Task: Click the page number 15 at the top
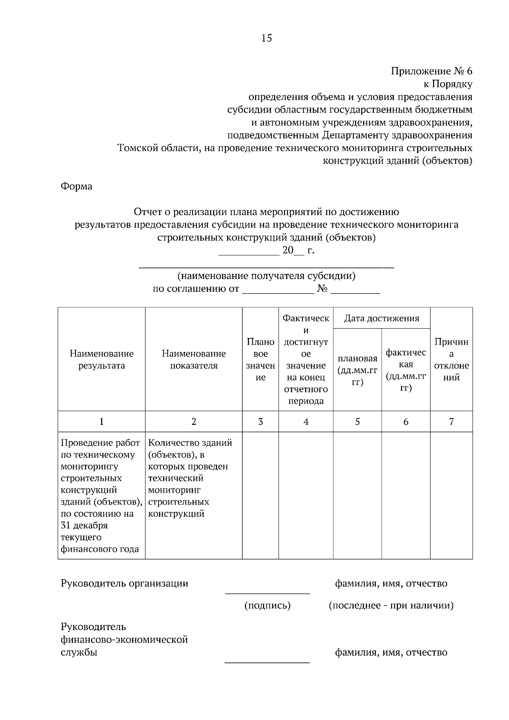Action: pyautogui.click(x=266, y=38)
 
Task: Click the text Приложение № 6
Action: pyautogui.click(x=431, y=71)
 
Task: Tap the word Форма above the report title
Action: pyautogui.click(x=76, y=186)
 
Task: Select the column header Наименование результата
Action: pyautogui.click(x=101, y=359)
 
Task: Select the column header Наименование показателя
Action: pyautogui.click(x=193, y=359)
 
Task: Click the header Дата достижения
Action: pyautogui.click(x=381, y=318)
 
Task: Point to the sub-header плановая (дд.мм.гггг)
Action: pyautogui.click(x=357, y=370)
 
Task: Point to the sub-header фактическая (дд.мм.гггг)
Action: pyautogui.click(x=406, y=370)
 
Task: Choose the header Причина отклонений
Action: pyautogui.click(x=451, y=359)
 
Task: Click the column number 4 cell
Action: pyautogui.click(x=306, y=421)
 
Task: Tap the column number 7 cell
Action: pyautogui.click(x=451, y=421)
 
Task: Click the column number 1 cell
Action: pyautogui.click(x=101, y=421)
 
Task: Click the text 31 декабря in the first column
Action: pyautogui.click(x=84, y=525)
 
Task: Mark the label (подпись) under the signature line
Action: pyautogui.click(x=267, y=606)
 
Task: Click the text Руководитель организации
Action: pyautogui.click(x=124, y=583)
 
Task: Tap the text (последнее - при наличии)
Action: pyautogui.click(x=391, y=606)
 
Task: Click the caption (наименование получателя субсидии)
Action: pyautogui.click(x=266, y=276)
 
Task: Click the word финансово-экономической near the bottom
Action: pyautogui.click(x=124, y=639)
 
